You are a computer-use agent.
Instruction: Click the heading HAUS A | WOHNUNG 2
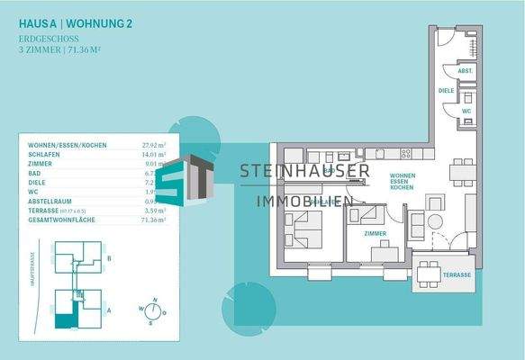[x=76, y=23]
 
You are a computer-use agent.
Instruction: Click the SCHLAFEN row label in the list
[x=41, y=155]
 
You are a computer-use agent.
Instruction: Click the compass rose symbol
[x=154, y=310]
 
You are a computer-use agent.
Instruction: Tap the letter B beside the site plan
[x=109, y=257]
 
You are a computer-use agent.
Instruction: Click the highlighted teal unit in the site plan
[x=64, y=318]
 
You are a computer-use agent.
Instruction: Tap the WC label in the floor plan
[x=466, y=112]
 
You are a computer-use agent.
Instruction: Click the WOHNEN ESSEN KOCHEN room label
[x=402, y=182]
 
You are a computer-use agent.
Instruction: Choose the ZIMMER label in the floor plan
[x=375, y=233]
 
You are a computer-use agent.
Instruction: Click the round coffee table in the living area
[x=435, y=221]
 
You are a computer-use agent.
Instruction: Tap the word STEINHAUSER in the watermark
[x=304, y=171]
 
